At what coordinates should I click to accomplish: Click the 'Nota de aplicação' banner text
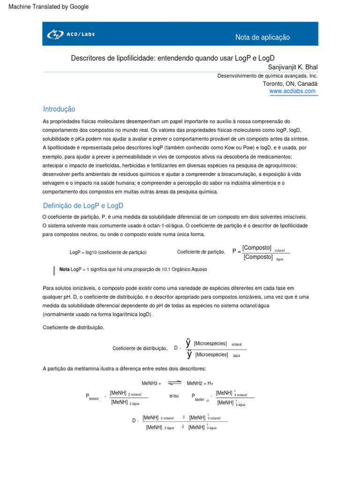tap(262, 37)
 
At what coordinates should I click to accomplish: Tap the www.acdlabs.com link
tap(292, 91)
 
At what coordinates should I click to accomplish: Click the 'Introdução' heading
tap(59, 109)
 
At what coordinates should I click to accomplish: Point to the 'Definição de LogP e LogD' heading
tap(83, 205)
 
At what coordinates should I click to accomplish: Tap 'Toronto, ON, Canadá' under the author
tap(290, 83)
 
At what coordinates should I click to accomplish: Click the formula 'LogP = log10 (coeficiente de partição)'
tap(108, 252)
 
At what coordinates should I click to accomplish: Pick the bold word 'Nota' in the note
tap(64, 270)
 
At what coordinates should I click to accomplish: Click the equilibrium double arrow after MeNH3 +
tap(174, 383)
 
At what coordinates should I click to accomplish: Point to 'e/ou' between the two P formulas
tap(174, 396)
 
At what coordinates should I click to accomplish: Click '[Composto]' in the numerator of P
tap(257, 247)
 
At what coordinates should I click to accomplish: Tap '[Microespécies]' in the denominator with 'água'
tap(211, 354)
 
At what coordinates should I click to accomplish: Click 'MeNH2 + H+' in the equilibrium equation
tap(200, 383)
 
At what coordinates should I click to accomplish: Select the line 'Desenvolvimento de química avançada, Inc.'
tap(267, 75)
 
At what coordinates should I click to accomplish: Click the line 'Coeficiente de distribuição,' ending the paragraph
tap(73, 327)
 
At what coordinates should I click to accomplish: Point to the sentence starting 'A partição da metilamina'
tap(121, 368)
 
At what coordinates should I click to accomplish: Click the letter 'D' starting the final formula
tap(135, 420)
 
